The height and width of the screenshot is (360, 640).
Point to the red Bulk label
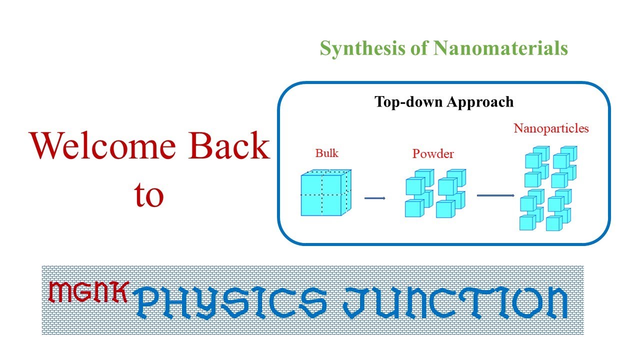pos(327,153)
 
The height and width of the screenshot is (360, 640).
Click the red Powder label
pos(433,154)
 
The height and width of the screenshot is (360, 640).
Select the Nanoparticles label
pos(551,128)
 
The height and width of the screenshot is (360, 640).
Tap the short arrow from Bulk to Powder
pos(375,198)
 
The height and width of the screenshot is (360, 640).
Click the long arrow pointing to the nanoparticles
pos(495,195)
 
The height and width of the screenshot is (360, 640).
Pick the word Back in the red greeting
pos(229,146)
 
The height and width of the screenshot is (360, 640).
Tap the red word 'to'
pos(149,195)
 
